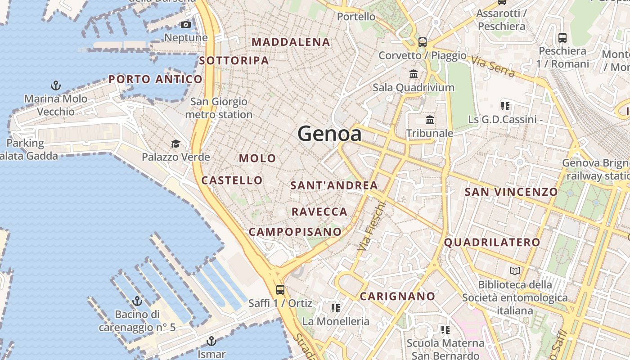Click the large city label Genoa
click(329, 134)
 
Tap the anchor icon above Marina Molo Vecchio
click(56, 85)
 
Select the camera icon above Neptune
click(185, 24)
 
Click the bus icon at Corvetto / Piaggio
click(422, 42)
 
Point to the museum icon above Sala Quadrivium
click(414, 74)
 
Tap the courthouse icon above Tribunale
click(430, 120)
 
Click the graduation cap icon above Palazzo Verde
click(175, 144)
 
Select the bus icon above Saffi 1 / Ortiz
click(280, 289)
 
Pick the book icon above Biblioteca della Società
click(514, 271)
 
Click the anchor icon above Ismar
click(211, 341)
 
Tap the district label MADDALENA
click(291, 42)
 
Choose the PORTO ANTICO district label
click(155, 79)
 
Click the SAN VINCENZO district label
click(511, 192)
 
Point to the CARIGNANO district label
click(397, 296)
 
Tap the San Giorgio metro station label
click(219, 108)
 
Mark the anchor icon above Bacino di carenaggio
click(137, 301)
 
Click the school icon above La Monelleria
click(335, 308)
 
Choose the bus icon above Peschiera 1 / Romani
click(562, 37)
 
